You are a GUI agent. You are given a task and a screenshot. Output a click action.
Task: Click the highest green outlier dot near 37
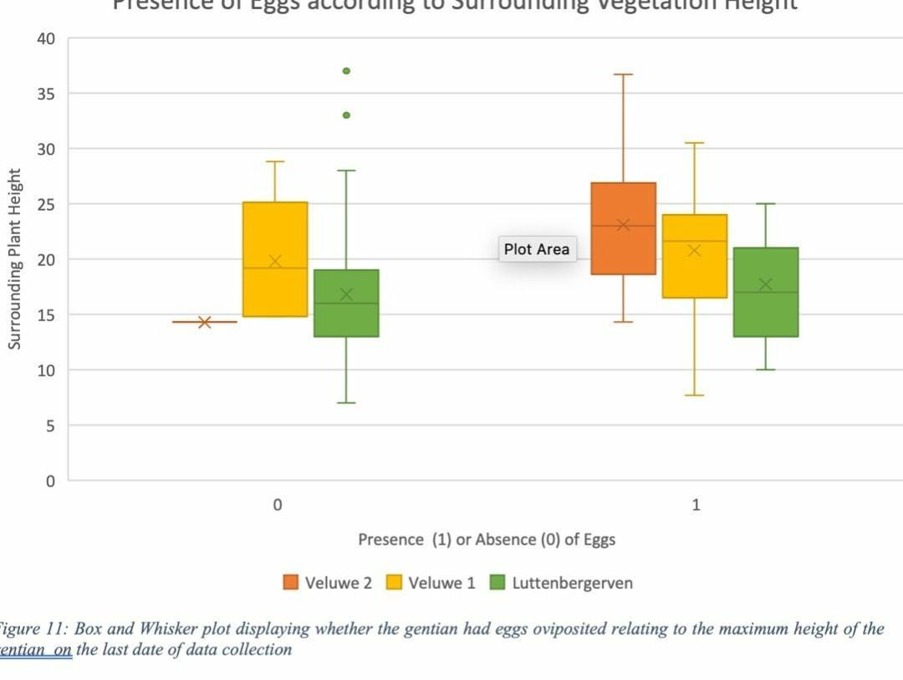[x=346, y=71]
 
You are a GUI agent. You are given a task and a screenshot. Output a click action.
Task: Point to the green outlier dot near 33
[x=346, y=115]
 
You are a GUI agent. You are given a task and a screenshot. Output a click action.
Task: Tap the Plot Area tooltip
[x=537, y=249]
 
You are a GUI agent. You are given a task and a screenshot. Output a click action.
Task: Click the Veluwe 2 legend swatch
[x=291, y=583]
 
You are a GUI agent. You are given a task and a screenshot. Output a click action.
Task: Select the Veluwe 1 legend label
[x=441, y=583]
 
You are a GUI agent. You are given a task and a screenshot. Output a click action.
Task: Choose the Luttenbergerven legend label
[x=572, y=583]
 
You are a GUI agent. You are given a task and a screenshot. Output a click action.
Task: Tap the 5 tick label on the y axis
[x=50, y=426]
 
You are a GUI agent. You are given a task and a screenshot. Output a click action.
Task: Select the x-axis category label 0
[x=277, y=505]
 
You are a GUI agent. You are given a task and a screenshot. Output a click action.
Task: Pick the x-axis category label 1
[x=696, y=505]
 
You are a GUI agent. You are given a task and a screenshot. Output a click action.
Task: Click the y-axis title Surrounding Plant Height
[x=14, y=258]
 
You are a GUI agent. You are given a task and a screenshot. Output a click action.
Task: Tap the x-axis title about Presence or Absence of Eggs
[x=487, y=539]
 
